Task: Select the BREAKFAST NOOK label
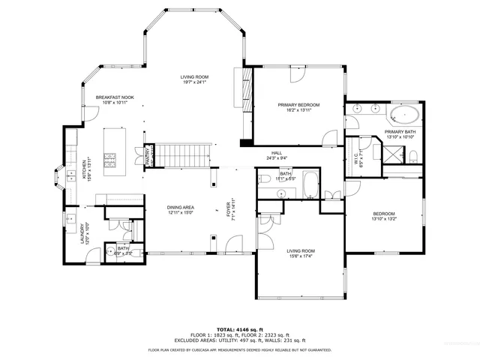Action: click(114, 98)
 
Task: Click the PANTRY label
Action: click(148, 157)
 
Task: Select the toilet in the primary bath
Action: click(412, 156)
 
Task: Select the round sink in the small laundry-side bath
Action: click(110, 253)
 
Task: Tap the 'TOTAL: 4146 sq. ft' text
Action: click(239, 328)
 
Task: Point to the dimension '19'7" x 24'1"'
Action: click(193, 83)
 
